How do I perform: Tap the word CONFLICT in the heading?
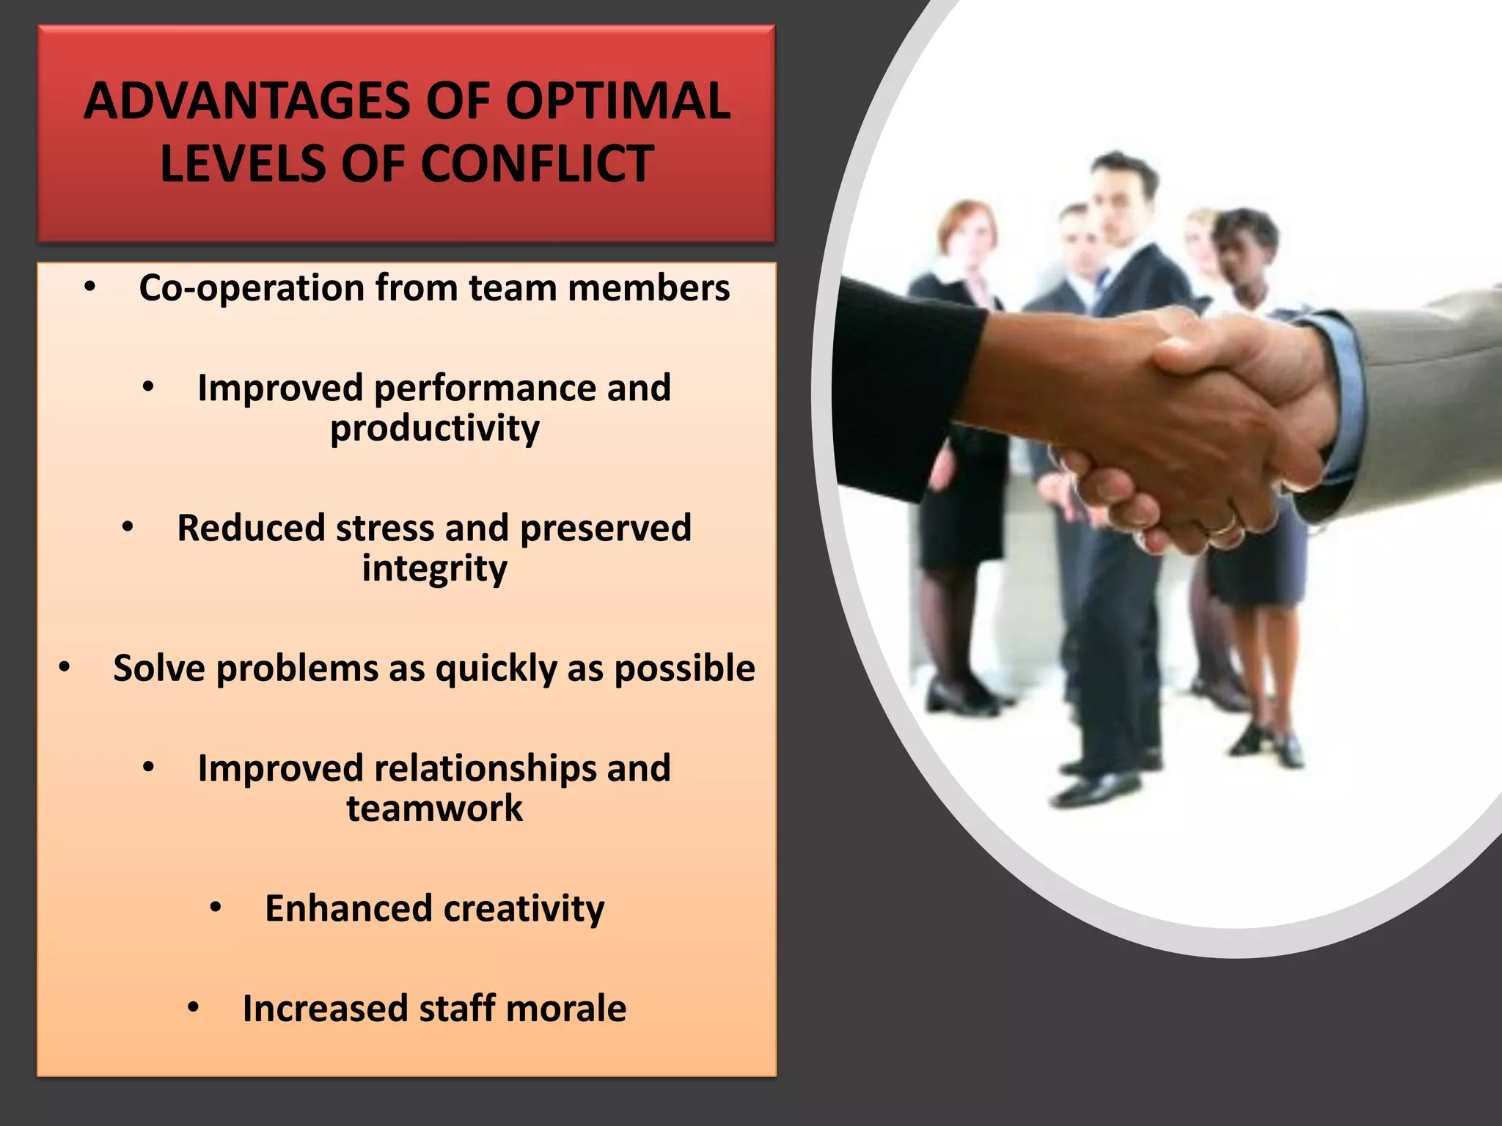[x=537, y=163]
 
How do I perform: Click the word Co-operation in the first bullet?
[x=252, y=288]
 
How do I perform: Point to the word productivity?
[x=434, y=429]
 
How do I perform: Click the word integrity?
[x=434, y=569]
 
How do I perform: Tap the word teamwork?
[x=434, y=809]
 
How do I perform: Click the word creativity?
[x=524, y=909]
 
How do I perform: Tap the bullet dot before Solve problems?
[x=65, y=668]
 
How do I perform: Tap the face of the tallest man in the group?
[x=1120, y=202]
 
